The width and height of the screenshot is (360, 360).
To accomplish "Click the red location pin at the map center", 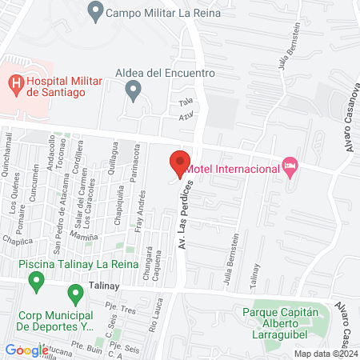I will point(180,163).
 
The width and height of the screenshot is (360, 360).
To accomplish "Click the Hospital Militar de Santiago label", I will point(61,86).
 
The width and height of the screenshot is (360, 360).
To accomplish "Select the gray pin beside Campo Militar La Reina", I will point(97,12).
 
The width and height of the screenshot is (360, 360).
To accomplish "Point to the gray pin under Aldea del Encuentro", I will point(134,91).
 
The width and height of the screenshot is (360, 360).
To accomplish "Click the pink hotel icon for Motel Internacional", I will point(290,166).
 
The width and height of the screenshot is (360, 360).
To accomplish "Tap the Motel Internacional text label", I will point(232,168).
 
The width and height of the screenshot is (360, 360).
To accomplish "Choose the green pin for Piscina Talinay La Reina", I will point(36,280).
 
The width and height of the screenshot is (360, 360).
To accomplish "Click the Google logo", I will point(26,350).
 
